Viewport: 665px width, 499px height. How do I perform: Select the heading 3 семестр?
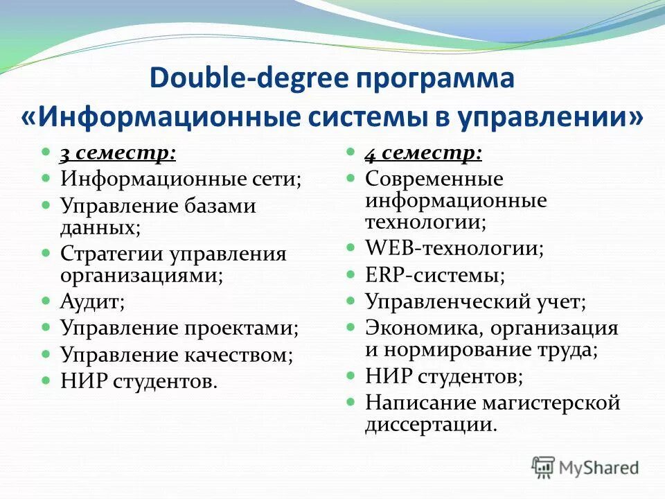[117, 153]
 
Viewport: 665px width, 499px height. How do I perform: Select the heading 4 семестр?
[423, 153]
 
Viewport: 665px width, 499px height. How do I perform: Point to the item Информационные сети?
[181, 179]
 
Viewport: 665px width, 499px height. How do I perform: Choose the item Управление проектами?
[179, 328]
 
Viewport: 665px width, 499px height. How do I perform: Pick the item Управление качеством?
[177, 355]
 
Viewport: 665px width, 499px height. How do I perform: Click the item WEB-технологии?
[454, 248]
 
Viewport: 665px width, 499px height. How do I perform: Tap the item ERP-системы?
[435, 274]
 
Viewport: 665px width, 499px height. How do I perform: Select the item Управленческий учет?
[476, 301]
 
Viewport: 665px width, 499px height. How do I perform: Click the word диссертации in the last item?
[431, 424]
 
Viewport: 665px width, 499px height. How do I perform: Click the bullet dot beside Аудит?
[46, 301]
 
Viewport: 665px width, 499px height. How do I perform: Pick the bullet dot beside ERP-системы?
[352, 274]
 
